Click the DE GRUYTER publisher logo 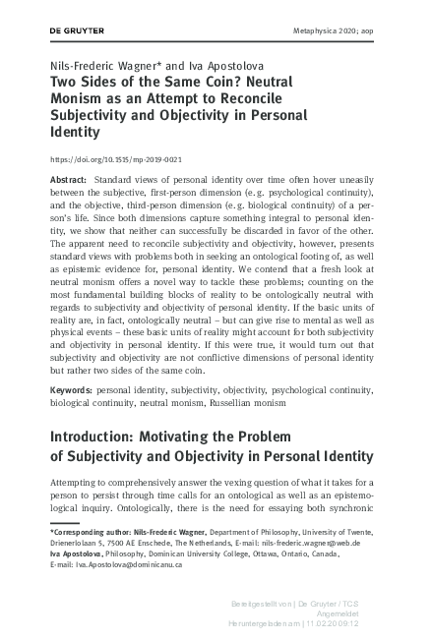[77, 31]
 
